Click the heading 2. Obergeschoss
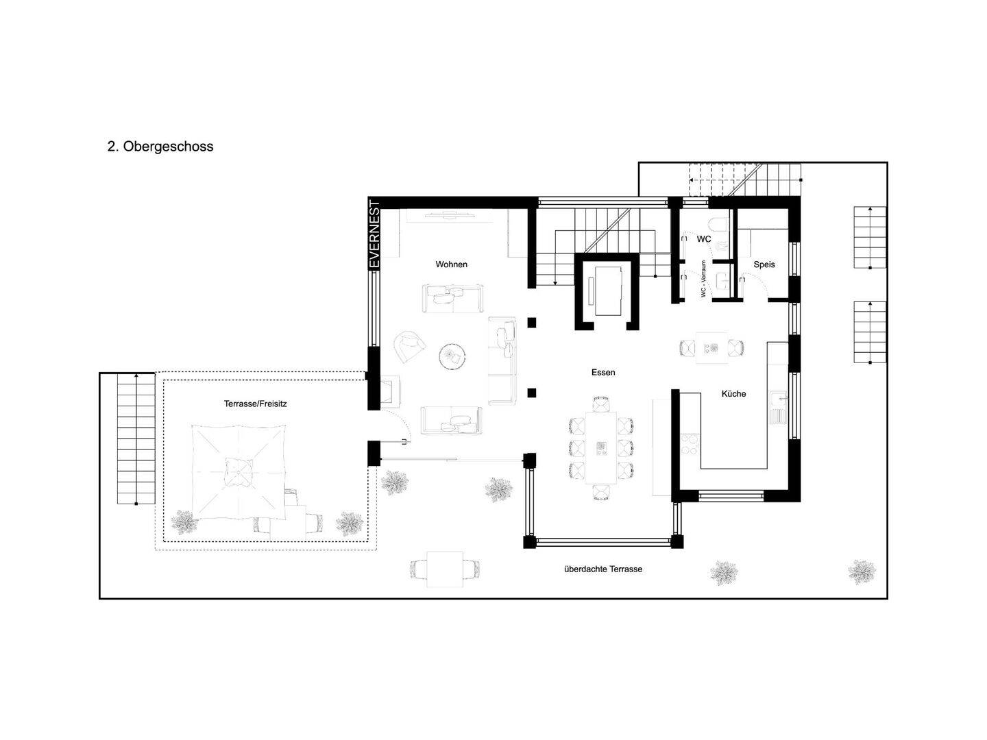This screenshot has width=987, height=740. (x=160, y=147)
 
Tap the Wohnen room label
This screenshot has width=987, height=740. (x=451, y=264)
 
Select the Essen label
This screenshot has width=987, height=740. (x=603, y=372)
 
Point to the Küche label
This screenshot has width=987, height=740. (x=733, y=393)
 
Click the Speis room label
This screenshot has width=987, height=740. (x=764, y=264)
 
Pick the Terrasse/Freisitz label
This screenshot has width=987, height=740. (x=255, y=404)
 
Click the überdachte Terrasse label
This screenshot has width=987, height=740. (x=603, y=569)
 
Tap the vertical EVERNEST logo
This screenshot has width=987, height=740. (x=374, y=234)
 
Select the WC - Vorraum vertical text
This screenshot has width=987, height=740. (x=703, y=279)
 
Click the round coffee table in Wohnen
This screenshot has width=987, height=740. (x=452, y=357)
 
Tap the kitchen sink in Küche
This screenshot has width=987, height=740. (x=778, y=406)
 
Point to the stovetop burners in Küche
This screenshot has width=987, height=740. (x=690, y=445)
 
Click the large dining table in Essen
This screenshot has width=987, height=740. (x=600, y=448)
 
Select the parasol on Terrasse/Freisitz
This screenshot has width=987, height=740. (x=239, y=472)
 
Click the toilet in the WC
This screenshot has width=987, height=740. (x=717, y=223)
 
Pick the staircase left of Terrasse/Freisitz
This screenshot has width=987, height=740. (x=136, y=439)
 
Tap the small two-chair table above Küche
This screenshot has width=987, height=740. (x=712, y=348)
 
